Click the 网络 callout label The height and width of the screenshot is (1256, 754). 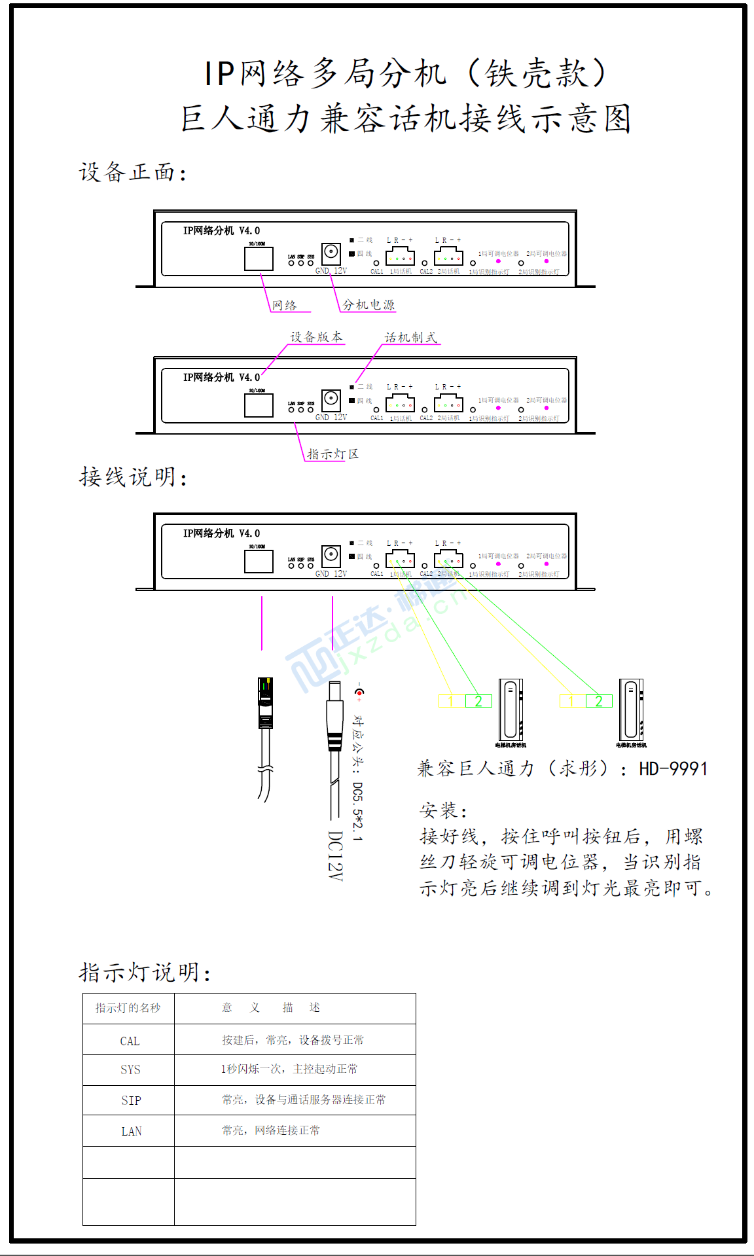coord(285,306)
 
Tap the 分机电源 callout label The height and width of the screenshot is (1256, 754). coord(368,305)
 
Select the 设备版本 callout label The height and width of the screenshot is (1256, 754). coord(316,337)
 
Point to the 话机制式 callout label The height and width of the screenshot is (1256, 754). coord(410,338)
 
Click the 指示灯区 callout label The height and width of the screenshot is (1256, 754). coord(332,454)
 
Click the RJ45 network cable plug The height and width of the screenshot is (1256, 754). coord(265,704)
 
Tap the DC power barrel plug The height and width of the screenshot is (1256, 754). coord(334,717)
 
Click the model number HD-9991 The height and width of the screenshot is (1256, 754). coord(673,768)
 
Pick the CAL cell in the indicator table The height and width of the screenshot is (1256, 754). coord(130,1041)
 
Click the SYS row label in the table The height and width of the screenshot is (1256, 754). coord(130,1069)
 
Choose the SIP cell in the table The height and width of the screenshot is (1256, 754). coord(131,1100)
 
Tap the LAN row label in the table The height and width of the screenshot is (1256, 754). coord(131,1131)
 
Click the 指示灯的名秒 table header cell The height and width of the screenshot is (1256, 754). coord(128,1008)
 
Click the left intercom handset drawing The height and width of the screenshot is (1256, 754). coord(511,710)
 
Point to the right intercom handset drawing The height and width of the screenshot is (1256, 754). coord(631,710)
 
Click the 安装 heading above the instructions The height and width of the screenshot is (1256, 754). coord(443,811)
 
